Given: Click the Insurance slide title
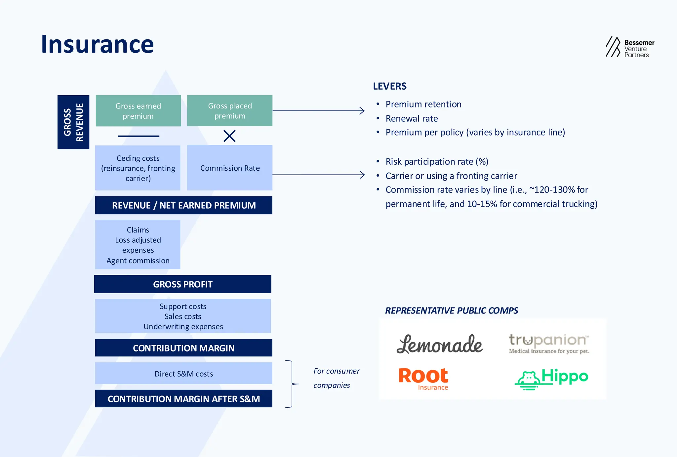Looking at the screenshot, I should (97, 44).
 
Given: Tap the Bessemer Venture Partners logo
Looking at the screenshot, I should (630, 48).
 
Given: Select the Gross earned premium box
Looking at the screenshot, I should (138, 111).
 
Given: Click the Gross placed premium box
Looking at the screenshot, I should (230, 111).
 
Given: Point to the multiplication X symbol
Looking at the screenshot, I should (229, 136).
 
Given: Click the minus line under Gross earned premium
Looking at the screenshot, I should (138, 136).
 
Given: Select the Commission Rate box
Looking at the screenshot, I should (230, 168).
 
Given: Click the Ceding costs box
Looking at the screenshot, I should (138, 168).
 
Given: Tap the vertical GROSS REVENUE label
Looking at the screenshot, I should (73, 122).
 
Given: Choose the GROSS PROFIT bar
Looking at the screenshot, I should (183, 284).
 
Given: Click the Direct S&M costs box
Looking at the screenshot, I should (183, 373).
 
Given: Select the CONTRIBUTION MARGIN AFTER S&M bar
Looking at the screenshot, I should (183, 398).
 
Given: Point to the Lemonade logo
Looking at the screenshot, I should (439, 344).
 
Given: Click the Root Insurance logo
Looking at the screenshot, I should (423, 379).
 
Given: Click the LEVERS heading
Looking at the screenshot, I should (390, 86).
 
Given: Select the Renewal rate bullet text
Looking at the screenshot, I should (412, 118).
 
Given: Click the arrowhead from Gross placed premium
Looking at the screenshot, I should (363, 111).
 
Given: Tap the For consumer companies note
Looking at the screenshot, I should (336, 378).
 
